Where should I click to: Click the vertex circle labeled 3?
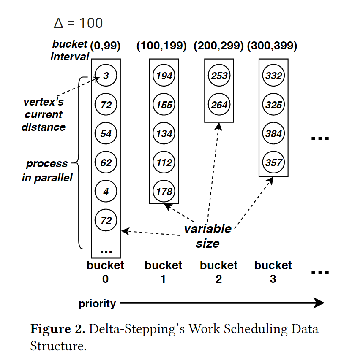[106, 76]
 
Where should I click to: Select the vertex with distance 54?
[106, 134]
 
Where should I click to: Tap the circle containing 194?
[164, 76]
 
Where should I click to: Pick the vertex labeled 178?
[164, 191]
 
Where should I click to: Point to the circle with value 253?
[219, 76]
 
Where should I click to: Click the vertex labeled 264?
[219, 105]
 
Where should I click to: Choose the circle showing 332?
[274, 76]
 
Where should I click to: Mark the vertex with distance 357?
[274, 162]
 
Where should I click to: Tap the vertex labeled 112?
[164, 162]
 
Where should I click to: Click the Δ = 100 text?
[78, 23]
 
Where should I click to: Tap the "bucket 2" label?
[218, 272]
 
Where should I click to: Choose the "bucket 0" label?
[105, 272]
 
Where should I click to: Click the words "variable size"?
[207, 236]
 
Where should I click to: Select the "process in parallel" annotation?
[47, 171]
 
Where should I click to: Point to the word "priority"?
[97, 303]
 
